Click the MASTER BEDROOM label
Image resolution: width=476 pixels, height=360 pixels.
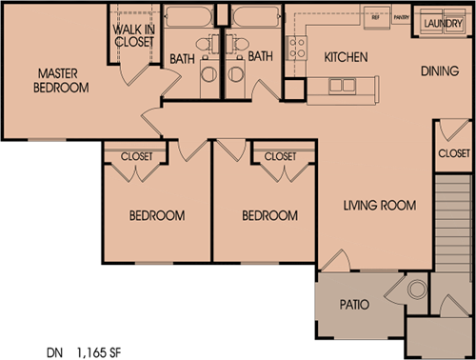point(64,80)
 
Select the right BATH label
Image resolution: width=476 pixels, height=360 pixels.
point(260,58)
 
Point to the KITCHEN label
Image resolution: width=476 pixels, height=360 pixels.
point(346,58)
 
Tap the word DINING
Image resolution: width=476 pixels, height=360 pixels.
point(443,71)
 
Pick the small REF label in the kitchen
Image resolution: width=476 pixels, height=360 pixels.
point(374,17)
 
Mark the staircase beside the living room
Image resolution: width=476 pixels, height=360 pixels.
point(453,224)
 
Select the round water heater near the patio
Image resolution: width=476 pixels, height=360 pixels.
point(416,290)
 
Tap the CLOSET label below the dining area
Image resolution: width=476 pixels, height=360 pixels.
point(454,153)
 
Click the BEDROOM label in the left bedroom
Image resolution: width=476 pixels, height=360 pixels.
point(156,216)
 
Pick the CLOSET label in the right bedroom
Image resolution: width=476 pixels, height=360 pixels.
point(280,156)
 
